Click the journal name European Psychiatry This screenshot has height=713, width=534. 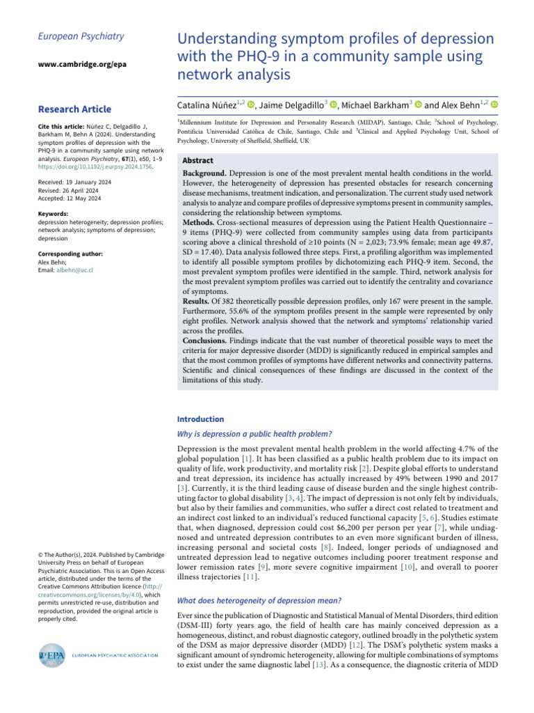click(71, 36)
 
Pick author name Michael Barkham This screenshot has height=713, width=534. click(378, 104)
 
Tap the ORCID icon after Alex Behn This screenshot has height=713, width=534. click(494, 104)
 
